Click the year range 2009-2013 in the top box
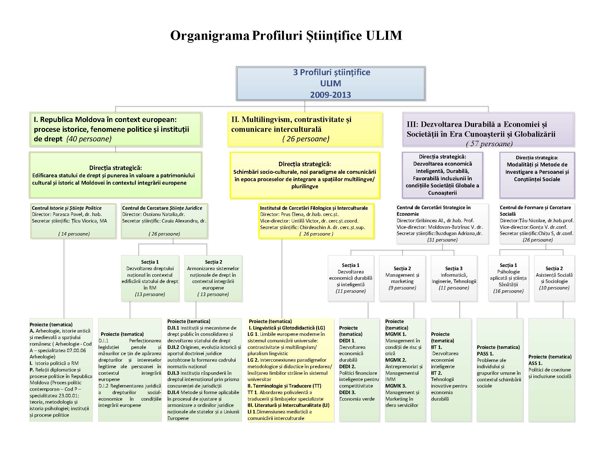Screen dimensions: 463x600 (331, 95)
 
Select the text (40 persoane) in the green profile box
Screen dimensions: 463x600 (89, 139)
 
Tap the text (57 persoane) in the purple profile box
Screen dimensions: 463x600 (489, 144)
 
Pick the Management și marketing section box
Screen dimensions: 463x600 (402, 278)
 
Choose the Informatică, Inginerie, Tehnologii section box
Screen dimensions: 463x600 (454, 278)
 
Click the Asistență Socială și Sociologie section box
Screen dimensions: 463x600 (554, 278)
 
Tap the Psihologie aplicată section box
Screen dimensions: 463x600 (508, 278)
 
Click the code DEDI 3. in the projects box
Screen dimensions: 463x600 (347, 392)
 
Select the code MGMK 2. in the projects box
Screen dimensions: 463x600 (396, 360)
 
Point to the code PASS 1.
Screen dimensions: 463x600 (485, 354)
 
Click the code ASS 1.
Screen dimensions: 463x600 (535, 363)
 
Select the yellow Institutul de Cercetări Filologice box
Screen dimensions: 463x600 (316, 221)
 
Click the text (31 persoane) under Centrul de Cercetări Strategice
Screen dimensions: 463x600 (442, 240)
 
